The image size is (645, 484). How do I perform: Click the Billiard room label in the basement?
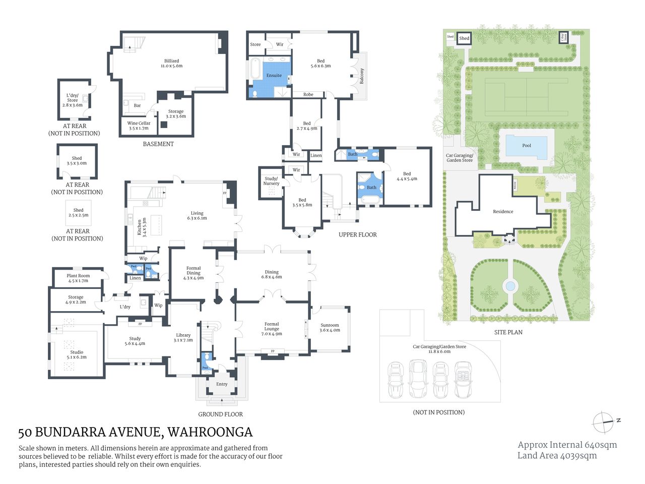tap(171, 61)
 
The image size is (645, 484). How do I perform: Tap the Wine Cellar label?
tap(139, 124)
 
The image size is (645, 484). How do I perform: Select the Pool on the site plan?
tap(526, 146)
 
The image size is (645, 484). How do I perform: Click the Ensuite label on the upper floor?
tap(274, 76)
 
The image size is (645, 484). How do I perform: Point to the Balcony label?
tap(361, 76)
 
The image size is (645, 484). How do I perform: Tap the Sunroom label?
tap(330, 325)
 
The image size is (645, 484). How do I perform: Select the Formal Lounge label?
tap(272, 327)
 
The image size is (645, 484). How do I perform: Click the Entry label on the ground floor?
tap(222, 384)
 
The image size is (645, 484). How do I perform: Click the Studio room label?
tap(77, 352)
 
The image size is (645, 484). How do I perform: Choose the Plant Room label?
tap(78, 276)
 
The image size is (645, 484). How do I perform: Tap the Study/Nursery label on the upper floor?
tap(271, 181)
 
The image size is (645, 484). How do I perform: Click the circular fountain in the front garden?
tap(510, 286)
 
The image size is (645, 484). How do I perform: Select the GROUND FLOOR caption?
tap(220, 414)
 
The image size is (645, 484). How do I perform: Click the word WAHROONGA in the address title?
tap(210, 433)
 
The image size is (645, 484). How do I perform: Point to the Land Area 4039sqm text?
tap(557, 456)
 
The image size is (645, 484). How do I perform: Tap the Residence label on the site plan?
tap(503, 212)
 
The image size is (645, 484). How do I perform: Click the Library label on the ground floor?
tap(183, 335)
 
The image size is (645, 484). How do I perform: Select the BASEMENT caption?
tap(158, 144)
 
